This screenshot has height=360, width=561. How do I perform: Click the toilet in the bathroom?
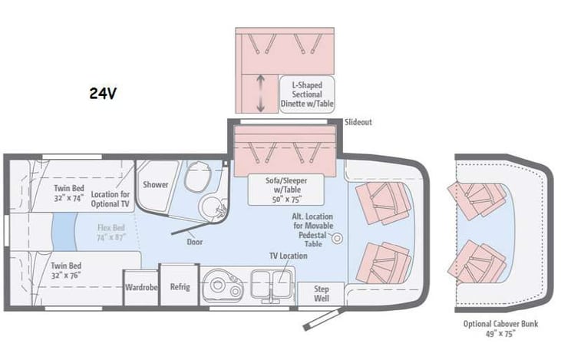[x=196, y=178]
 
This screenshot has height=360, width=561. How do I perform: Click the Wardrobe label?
[x=140, y=287]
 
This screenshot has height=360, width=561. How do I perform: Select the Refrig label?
[x=180, y=287]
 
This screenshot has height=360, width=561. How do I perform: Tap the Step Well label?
[x=322, y=292]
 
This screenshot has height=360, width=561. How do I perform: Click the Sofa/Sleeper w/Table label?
[x=285, y=189]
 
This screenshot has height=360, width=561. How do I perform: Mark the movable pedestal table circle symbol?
[x=337, y=239]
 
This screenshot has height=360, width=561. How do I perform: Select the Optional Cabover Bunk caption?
[x=501, y=329]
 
